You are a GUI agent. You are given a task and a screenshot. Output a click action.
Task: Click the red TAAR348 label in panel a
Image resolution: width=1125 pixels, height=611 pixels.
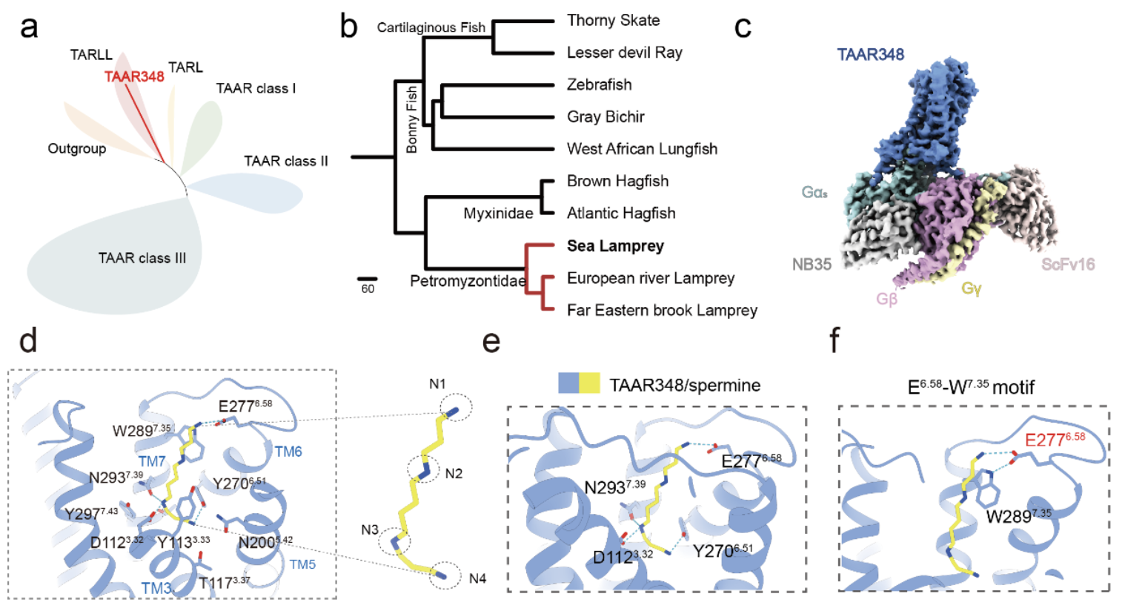pos(134,76)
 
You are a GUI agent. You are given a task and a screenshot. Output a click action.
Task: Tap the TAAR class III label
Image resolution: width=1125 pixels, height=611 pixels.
pos(142,258)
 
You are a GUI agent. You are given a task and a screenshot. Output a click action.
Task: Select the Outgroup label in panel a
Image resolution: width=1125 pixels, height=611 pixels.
pos(77,148)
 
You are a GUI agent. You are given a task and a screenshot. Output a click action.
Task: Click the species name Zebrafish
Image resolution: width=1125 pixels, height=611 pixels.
pos(599,85)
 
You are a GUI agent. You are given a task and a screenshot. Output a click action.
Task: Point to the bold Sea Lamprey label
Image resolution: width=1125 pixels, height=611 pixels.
pos(615,245)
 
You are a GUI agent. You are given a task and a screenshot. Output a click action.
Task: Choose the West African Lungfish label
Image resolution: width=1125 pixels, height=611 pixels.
pos(642,148)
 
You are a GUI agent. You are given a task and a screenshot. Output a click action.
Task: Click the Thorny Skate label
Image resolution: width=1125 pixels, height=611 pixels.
pos(613,20)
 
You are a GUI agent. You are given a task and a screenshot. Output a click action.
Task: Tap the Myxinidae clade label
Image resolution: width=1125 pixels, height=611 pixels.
pos(498,214)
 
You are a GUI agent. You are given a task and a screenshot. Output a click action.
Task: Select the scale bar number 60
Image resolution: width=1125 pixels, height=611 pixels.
pos(368,289)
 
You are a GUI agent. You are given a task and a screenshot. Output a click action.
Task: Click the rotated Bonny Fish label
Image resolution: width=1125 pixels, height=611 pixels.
pos(412,119)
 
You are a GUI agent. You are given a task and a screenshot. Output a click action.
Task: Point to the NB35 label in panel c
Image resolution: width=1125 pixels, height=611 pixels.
pos(812,264)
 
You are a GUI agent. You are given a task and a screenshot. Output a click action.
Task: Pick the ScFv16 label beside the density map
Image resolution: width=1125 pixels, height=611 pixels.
pos(1067,264)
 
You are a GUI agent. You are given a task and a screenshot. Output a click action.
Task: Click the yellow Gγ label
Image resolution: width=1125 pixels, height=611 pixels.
pos(971,288)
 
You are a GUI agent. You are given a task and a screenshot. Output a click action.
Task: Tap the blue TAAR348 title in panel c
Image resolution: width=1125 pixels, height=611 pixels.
pos(870,54)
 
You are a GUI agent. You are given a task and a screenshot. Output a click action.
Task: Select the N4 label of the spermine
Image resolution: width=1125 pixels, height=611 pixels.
pos(477,578)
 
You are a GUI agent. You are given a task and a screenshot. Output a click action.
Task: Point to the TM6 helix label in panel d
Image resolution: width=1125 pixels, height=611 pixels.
pos(288,452)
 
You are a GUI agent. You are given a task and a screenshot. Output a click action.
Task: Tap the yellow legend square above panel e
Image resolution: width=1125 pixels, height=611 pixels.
pos(589,383)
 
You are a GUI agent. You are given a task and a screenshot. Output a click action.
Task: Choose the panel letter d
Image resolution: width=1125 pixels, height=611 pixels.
pos(28,340)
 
